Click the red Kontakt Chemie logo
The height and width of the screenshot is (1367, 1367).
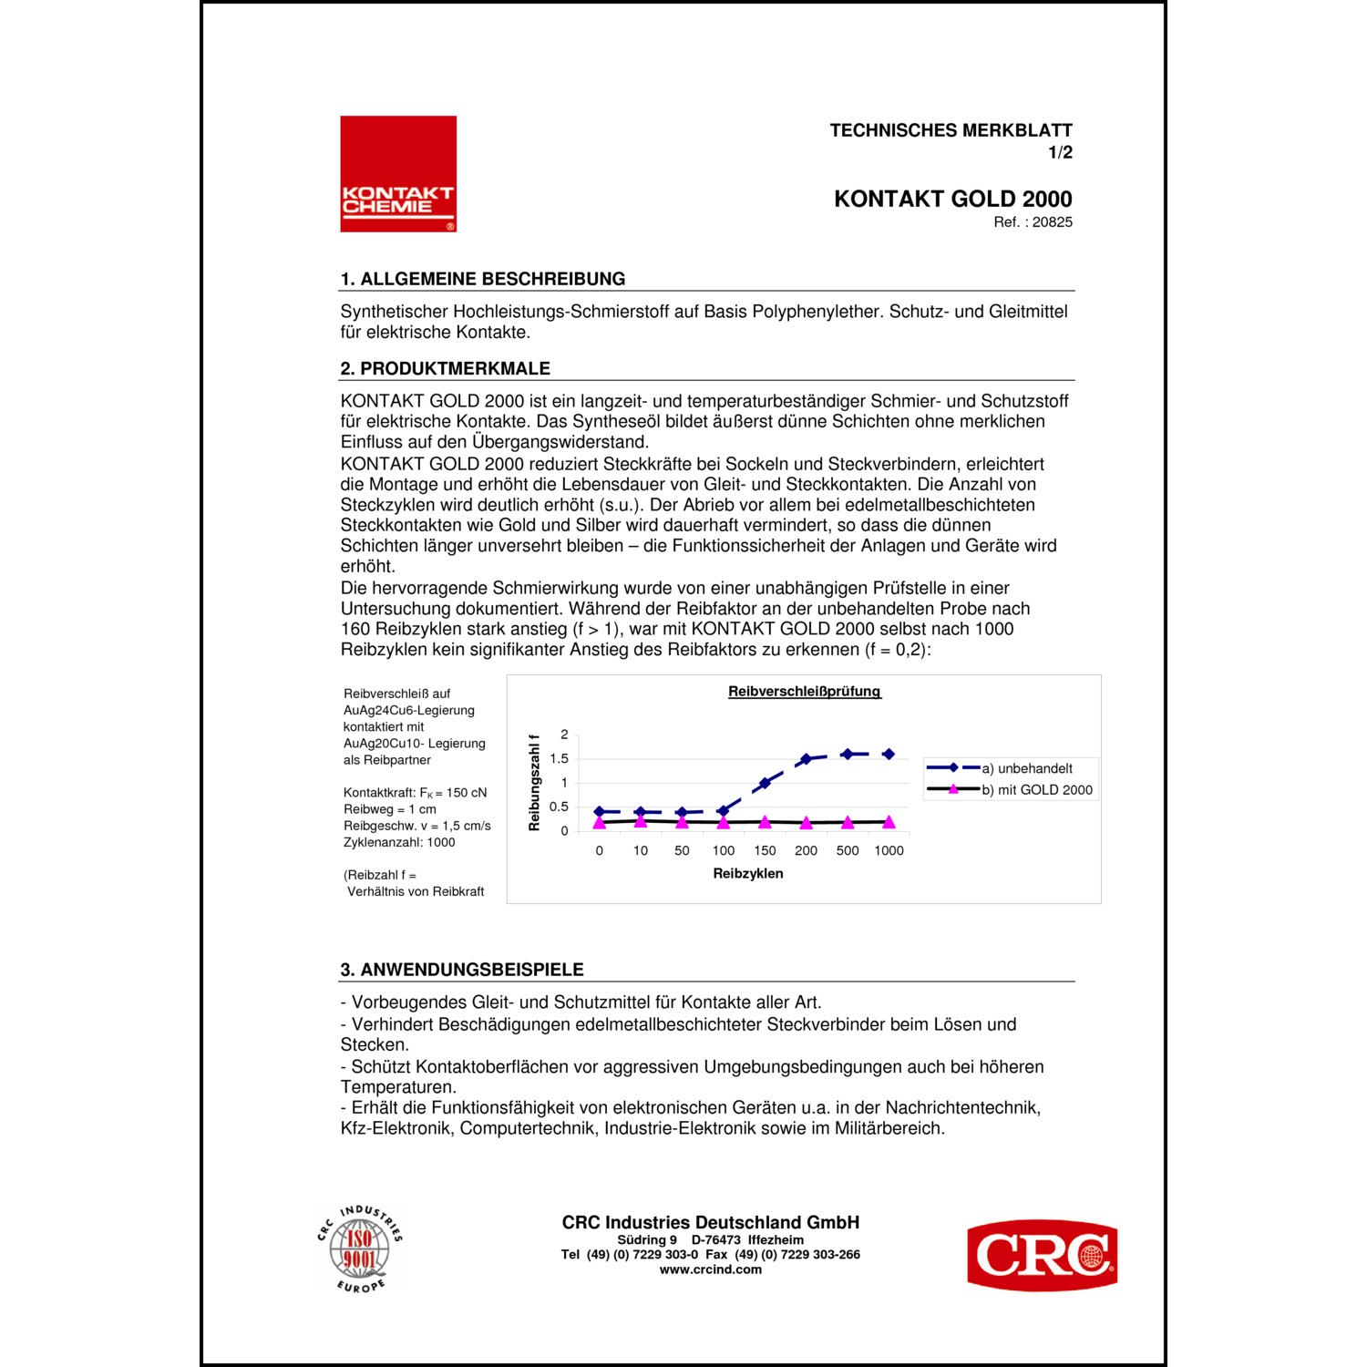pos(398,174)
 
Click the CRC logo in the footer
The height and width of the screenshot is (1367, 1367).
pos(1042,1255)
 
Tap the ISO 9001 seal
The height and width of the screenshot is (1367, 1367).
pos(360,1249)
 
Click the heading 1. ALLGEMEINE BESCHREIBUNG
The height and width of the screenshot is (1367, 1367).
pos(483,279)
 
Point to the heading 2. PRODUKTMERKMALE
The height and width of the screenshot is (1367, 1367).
pos(446,368)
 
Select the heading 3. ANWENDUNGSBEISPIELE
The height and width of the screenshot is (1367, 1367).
pos(462,970)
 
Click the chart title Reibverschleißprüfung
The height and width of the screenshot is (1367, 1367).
pos(804,692)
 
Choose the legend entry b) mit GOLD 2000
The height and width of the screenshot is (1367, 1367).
pos(1036,790)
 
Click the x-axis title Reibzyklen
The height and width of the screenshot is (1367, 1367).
pos(748,873)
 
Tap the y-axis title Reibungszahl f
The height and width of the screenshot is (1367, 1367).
pos(535,782)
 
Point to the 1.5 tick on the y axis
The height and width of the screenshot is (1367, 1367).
pos(560,758)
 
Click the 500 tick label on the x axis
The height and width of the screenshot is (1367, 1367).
pos(848,851)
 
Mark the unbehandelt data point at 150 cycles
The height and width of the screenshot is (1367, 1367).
pos(765,783)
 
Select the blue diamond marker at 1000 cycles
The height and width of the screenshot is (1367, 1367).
pos(889,755)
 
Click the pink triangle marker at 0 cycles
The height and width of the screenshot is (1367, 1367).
pos(599,822)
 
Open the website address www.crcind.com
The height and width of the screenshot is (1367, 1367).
pos(710,1269)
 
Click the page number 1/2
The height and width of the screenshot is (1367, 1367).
pos(1060,153)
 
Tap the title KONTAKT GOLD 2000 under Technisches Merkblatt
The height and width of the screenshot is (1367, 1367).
pos(952,199)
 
